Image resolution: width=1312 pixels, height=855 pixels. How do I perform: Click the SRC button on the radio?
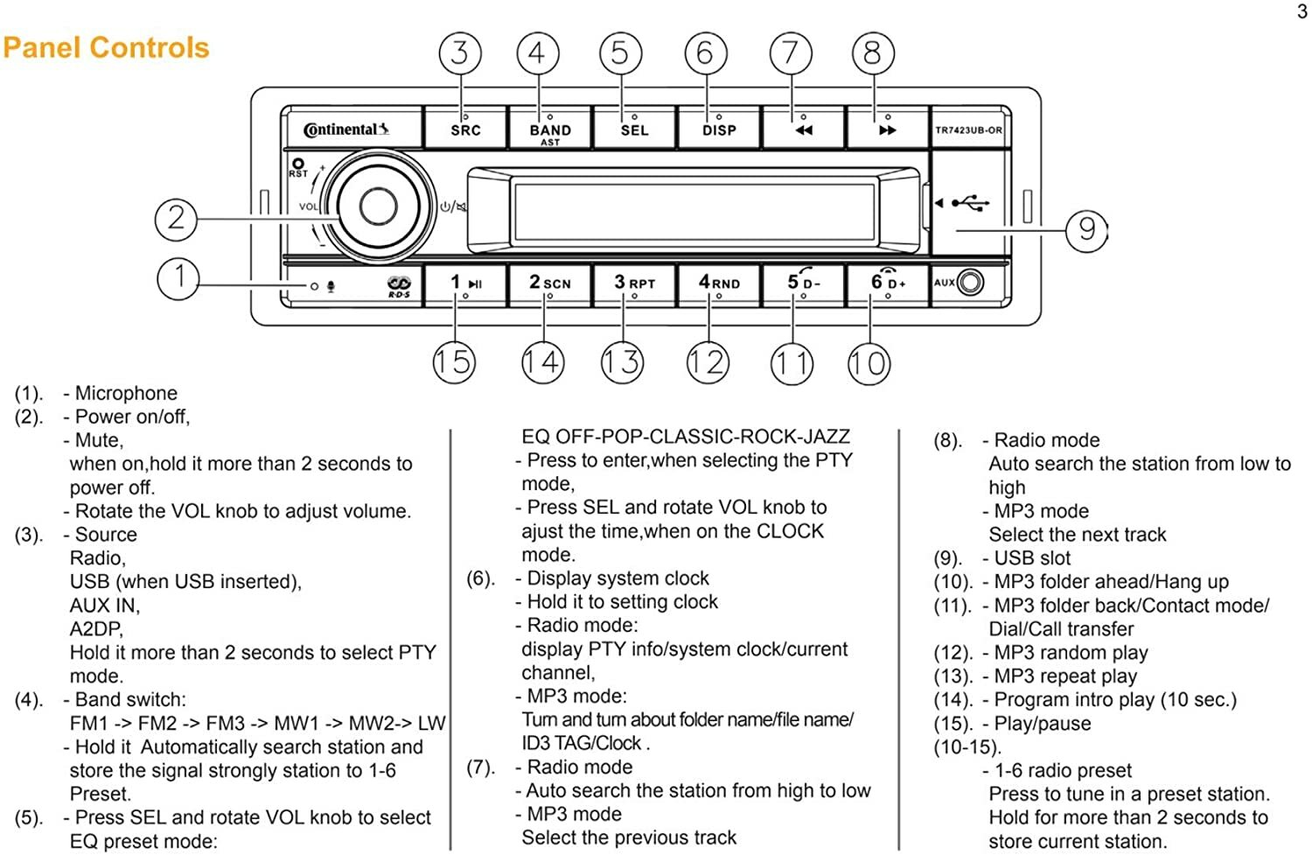pyautogui.click(x=465, y=128)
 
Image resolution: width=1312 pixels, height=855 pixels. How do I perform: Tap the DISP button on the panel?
pyautogui.click(x=719, y=128)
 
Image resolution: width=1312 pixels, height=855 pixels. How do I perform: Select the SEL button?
pyautogui.click(x=634, y=128)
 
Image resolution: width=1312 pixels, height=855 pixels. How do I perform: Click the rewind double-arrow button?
pyautogui.click(x=803, y=128)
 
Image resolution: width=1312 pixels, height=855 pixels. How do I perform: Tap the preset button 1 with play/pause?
pyautogui.click(x=465, y=284)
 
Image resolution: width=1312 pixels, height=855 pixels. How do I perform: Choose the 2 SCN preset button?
pyautogui.click(x=549, y=284)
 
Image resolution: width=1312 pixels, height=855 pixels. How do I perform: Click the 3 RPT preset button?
pyautogui.click(x=634, y=284)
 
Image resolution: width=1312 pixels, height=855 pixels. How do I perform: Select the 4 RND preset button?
pyautogui.click(x=719, y=284)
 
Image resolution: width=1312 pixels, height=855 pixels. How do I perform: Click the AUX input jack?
pyautogui.click(x=971, y=283)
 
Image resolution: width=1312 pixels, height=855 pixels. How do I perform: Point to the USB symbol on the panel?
pyautogui.click(x=970, y=203)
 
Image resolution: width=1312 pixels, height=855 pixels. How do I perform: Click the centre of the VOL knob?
pyautogui.click(x=378, y=207)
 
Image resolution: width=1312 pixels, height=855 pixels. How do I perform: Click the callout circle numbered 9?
pyautogui.click(x=1086, y=230)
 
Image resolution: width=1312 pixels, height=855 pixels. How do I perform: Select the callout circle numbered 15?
pyautogui.click(x=454, y=361)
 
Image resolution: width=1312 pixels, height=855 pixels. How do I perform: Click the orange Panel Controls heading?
pyautogui.click(x=106, y=47)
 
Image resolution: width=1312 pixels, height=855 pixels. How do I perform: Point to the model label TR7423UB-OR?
pyautogui.click(x=968, y=130)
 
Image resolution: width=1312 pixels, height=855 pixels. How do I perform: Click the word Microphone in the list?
pyautogui.click(x=126, y=393)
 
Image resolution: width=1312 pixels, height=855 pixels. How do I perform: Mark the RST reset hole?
pyautogui.click(x=298, y=164)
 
